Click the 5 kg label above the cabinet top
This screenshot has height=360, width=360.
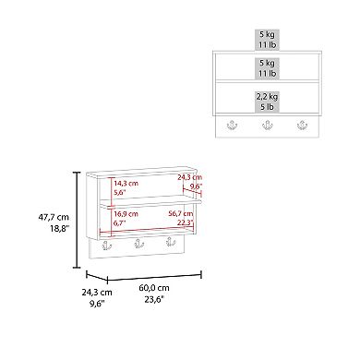click(267, 34)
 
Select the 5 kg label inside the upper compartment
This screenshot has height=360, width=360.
click(267, 63)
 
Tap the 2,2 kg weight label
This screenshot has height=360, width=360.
click(267, 97)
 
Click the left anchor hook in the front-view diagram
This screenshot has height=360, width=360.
click(232, 125)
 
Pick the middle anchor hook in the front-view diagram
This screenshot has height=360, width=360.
click(267, 125)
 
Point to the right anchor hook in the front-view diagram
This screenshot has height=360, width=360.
click(302, 125)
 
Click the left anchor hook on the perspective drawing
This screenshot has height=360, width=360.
click(107, 246)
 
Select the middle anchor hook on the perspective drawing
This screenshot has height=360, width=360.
click(139, 244)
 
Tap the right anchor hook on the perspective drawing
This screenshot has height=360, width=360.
click(171, 241)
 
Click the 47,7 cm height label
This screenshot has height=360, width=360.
click(54, 217)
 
